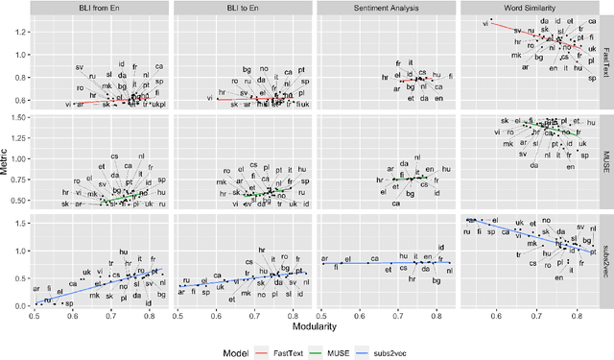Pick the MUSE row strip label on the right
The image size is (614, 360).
tap(604, 162)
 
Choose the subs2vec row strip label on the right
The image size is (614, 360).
tap(604, 261)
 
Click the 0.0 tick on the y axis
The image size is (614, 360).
tap(22, 305)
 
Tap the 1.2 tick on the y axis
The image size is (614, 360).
tap(22, 32)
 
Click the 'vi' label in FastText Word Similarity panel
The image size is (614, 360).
tap(484, 24)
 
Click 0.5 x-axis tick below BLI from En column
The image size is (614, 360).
tap(35, 316)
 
